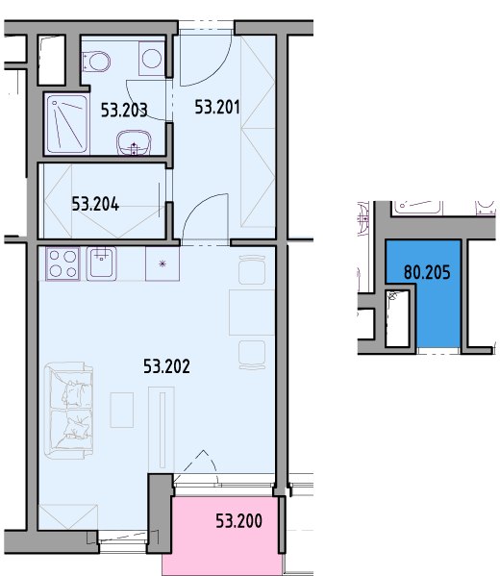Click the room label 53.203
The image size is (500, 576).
[124, 110]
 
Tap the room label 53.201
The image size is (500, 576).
[217, 107]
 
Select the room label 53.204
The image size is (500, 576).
[95, 204]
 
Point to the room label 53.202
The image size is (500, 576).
[166, 366]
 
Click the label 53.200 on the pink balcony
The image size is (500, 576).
[238, 521]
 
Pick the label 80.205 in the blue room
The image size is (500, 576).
[427, 272]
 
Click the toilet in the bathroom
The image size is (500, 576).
[96, 62]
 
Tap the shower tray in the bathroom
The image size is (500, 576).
[67, 124]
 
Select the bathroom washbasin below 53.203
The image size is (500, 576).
[134, 142]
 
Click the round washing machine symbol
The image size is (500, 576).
[152, 59]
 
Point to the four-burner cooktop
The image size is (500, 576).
[62, 263]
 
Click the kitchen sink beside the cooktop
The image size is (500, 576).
[101, 263]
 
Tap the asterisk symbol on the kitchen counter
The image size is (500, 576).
[162, 263]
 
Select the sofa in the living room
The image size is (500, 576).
[68, 411]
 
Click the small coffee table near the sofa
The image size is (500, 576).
[121, 410]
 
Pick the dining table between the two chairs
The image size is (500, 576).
[252, 313]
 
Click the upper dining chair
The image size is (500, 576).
[252, 270]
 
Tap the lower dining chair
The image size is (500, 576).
[252, 355]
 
